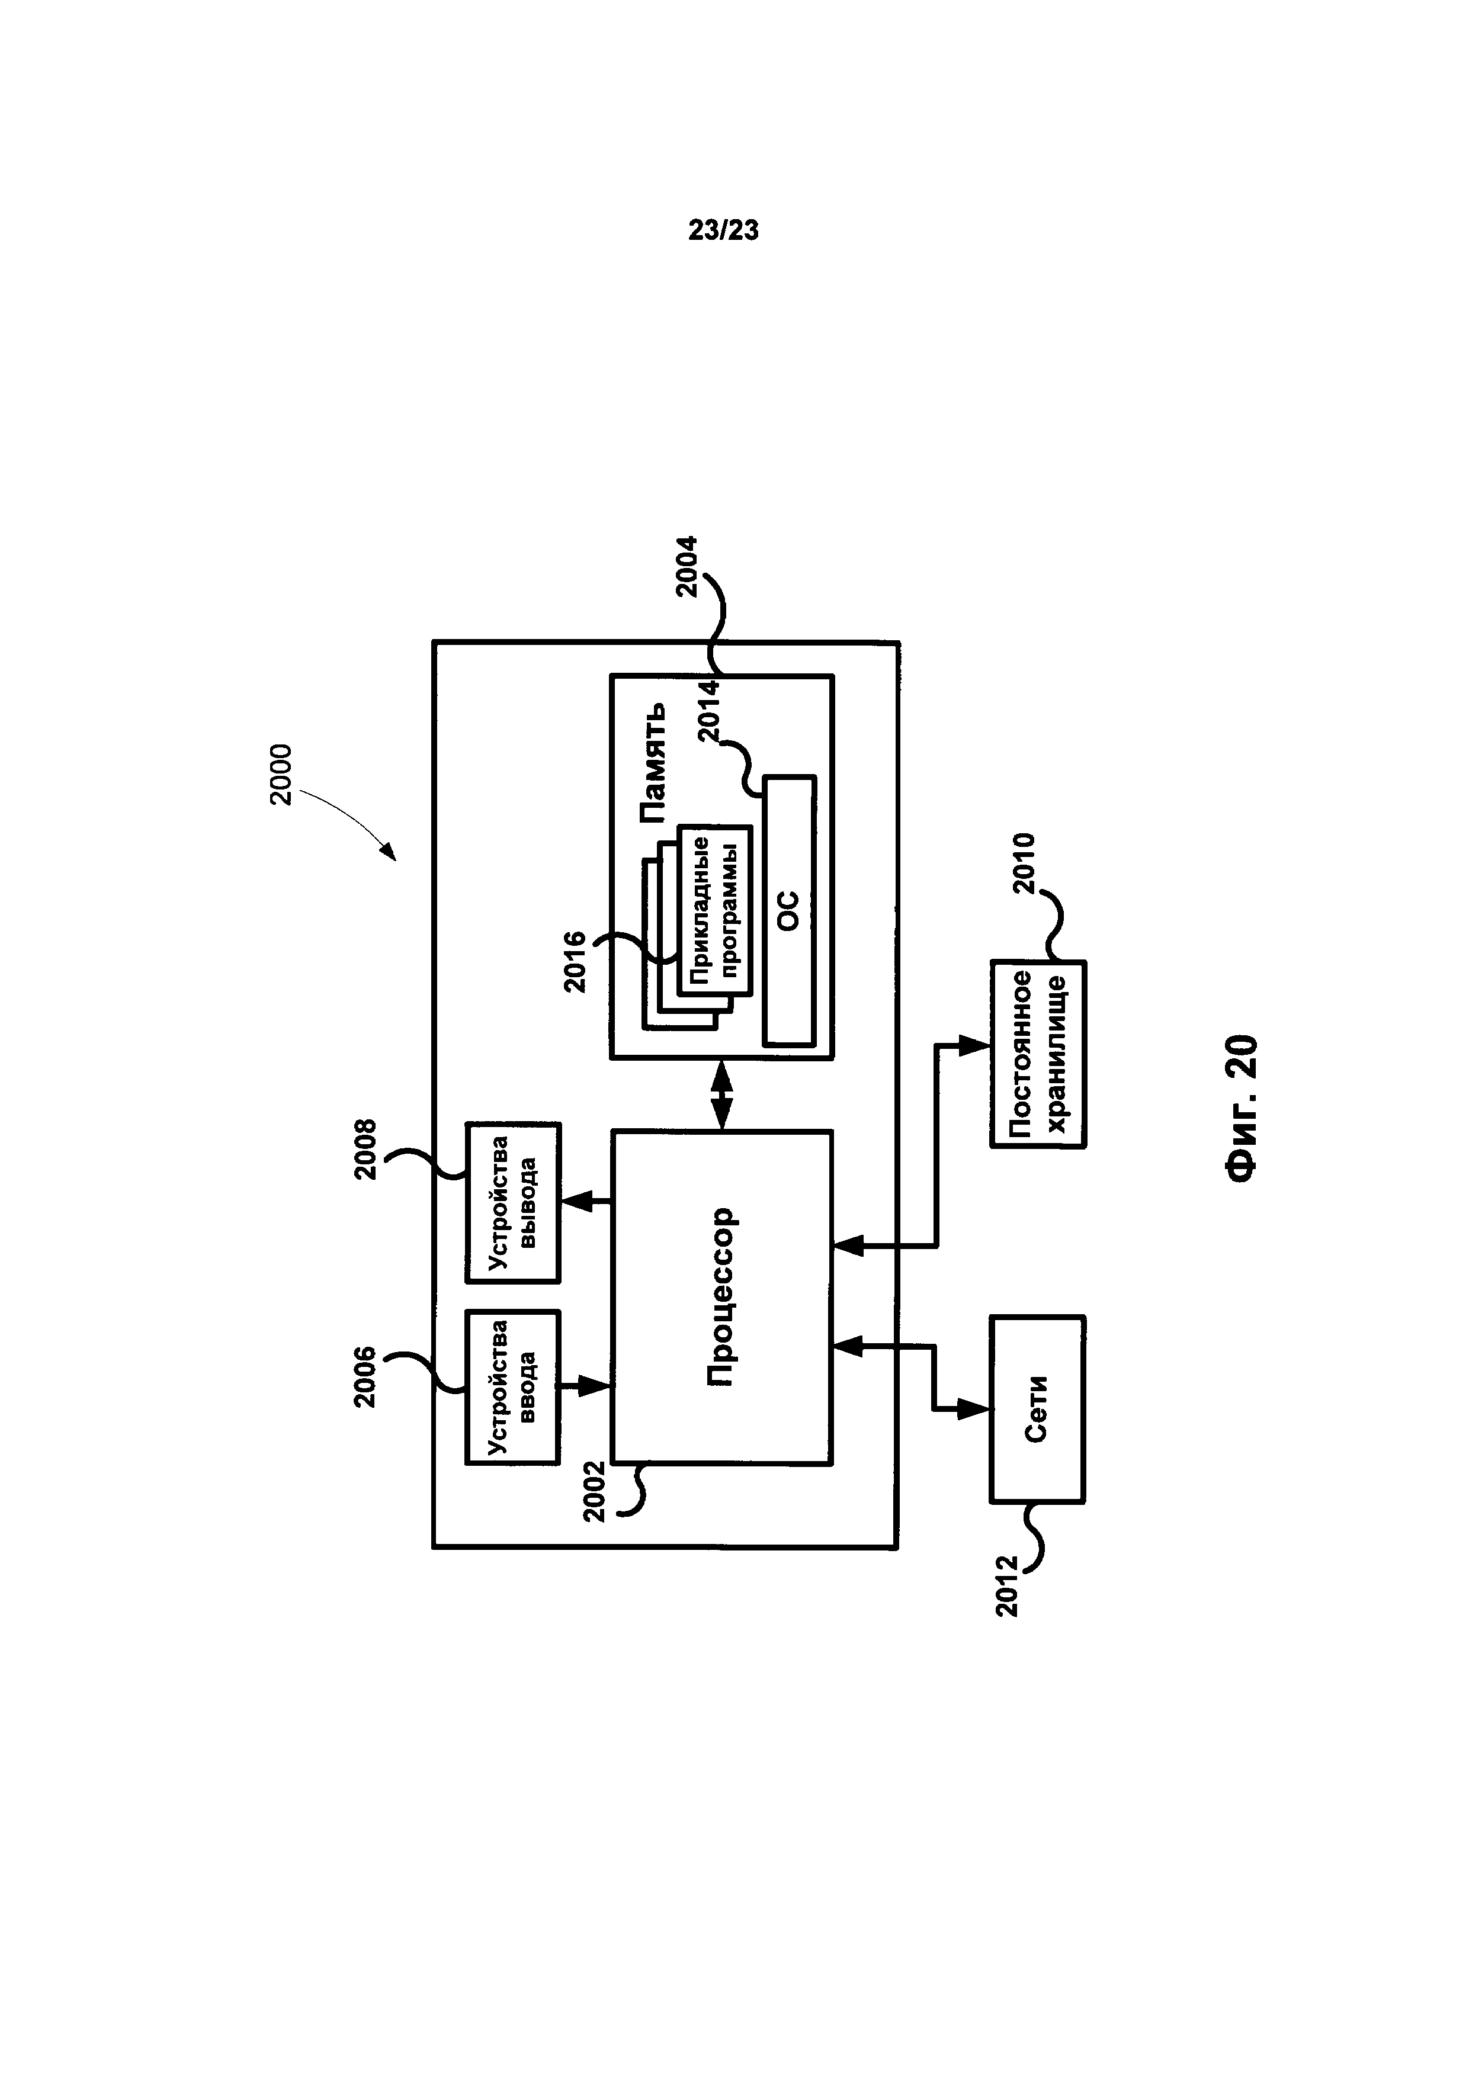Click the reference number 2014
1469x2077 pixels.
(709, 711)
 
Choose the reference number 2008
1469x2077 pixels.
(365, 1150)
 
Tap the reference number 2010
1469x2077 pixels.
(1023, 864)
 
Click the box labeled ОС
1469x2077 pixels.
(790, 910)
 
